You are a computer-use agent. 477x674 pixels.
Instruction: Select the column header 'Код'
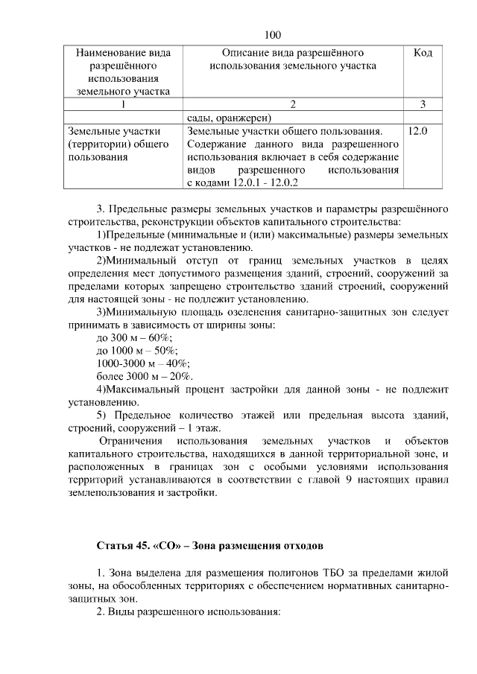[x=423, y=54]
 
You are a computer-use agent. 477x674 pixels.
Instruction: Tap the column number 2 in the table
[x=292, y=104]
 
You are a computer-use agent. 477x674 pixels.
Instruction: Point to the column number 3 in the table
[x=423, y=104]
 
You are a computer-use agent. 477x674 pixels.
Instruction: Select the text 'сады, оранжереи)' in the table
[x=228, y=118]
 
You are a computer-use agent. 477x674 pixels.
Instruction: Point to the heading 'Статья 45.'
[x=123, y=546]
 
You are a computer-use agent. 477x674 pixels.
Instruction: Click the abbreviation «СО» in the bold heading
[x=167, y=546]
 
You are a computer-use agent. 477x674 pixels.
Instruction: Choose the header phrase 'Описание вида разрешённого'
[x=292, y=54]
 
